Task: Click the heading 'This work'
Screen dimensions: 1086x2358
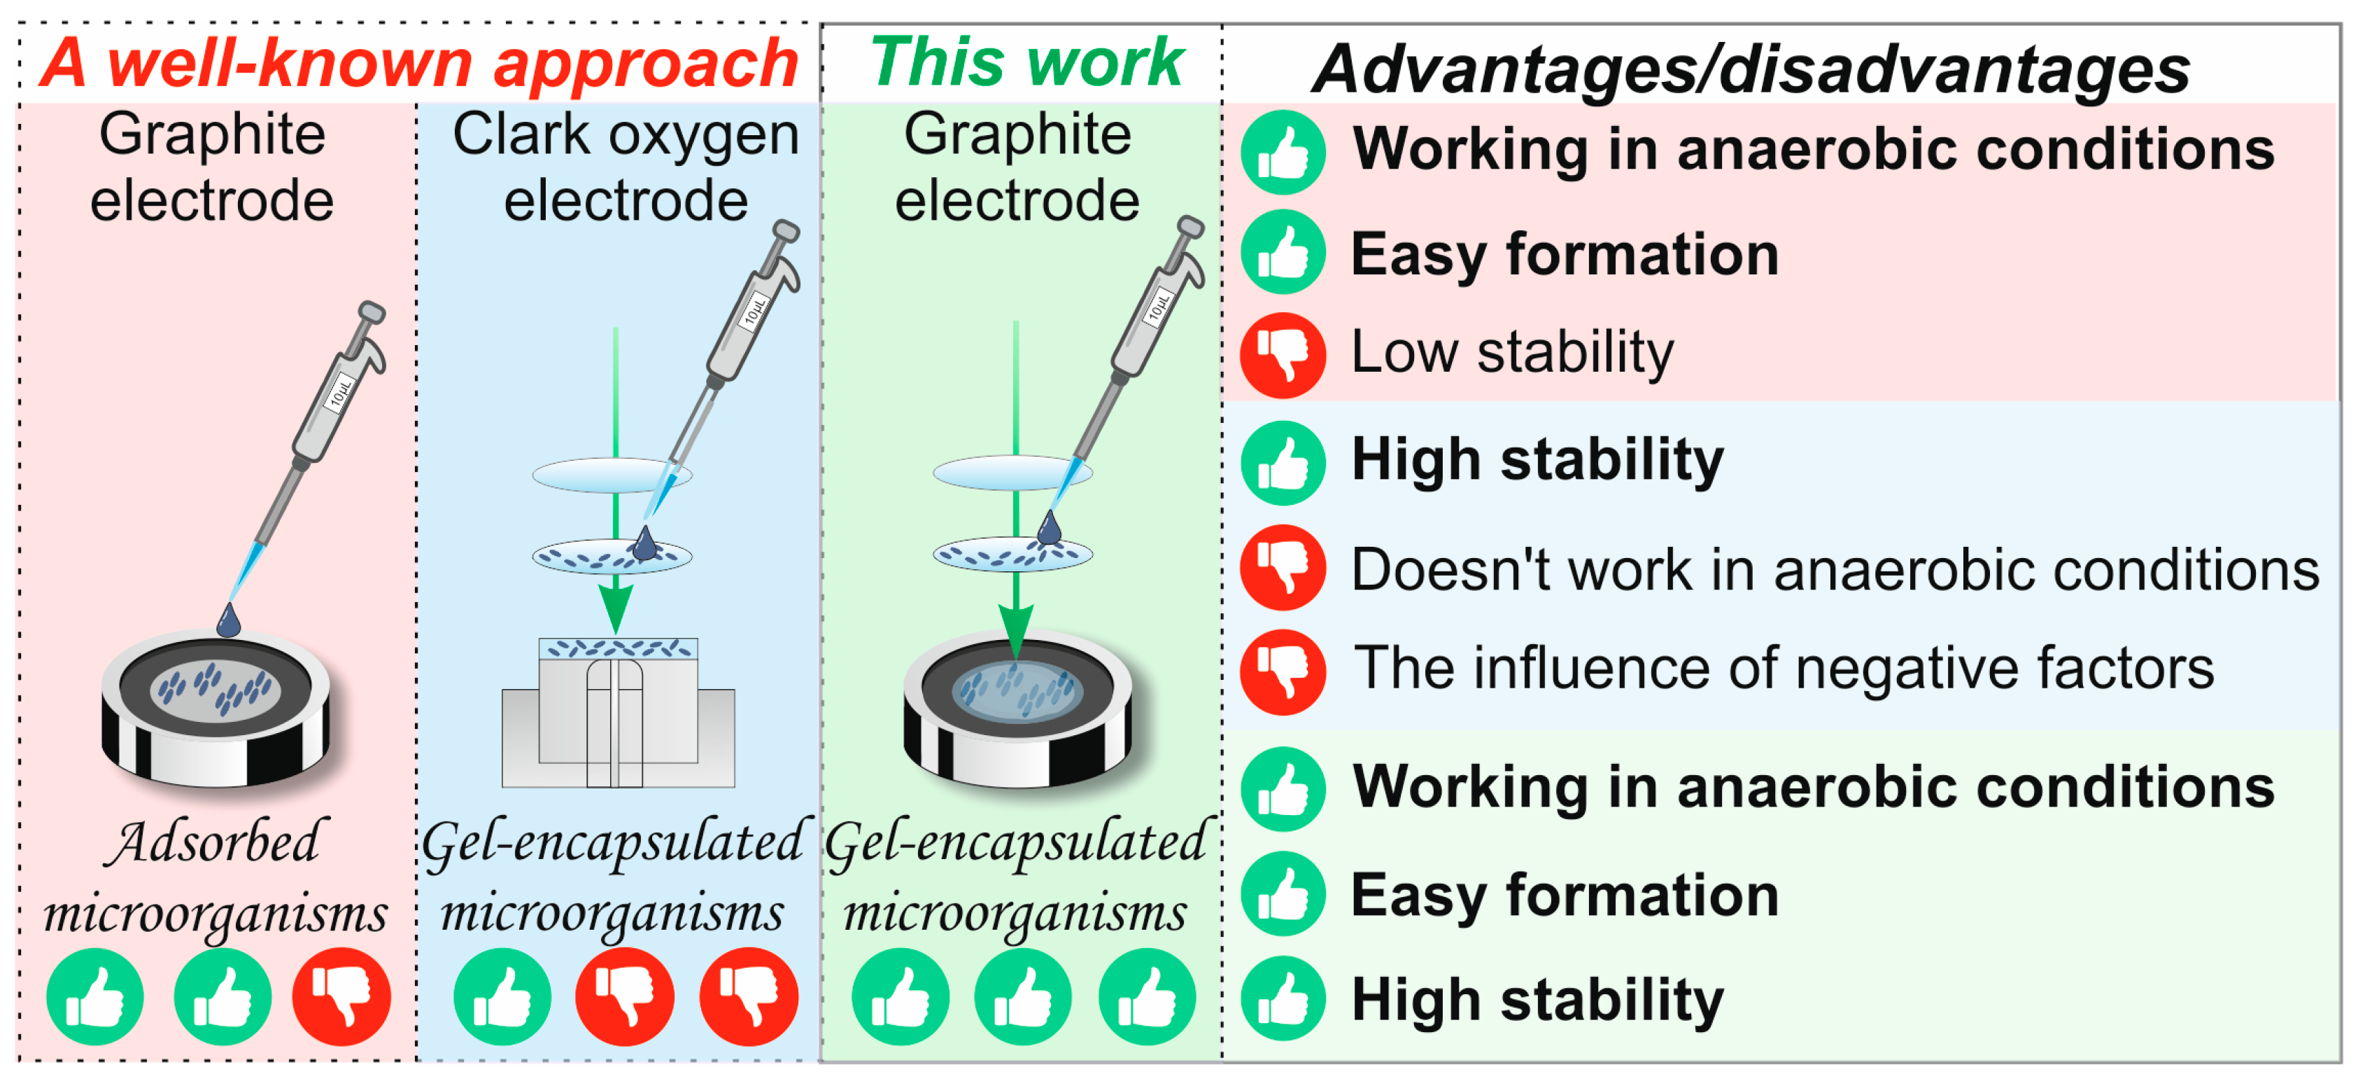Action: pos(1027,62)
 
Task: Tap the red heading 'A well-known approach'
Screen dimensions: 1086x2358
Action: pos(419,64)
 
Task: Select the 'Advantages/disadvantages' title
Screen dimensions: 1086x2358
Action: pos(1750,69)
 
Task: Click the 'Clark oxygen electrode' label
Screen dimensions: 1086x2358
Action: pos(626,167)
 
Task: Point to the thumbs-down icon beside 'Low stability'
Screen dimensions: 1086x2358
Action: pos(1283,354)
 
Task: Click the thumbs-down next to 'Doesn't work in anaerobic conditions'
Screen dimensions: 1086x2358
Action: pos(1283,568)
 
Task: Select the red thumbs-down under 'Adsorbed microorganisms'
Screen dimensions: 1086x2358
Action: pos(341,996)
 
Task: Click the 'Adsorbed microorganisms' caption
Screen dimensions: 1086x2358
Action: pos(215,877)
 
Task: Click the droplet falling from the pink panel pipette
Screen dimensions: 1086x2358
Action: pos(228,621)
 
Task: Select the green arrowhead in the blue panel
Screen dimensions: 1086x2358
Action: pos(616,606)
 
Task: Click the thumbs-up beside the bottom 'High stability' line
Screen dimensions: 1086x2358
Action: pos(1283,998)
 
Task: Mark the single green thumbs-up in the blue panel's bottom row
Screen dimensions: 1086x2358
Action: pos(502,996)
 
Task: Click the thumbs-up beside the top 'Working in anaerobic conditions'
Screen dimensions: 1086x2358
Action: pos(1283,152)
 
